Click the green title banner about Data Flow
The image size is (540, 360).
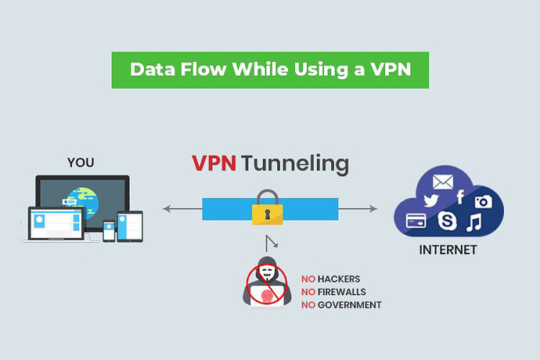pos(270,69)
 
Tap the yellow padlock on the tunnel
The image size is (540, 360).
pos(266,210)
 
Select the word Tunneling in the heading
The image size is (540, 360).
pos(293,165)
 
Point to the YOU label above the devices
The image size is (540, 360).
pos(81,163)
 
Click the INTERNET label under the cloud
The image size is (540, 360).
pos(448,252)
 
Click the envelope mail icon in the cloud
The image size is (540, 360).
pos(443,182)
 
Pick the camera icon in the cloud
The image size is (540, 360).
pos(482,202)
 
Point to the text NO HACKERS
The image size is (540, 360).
pos(331,279)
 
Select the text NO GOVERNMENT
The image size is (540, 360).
pos(341,304)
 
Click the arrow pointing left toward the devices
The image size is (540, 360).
pos(168,209)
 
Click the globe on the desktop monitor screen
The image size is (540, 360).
pos(83,196)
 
